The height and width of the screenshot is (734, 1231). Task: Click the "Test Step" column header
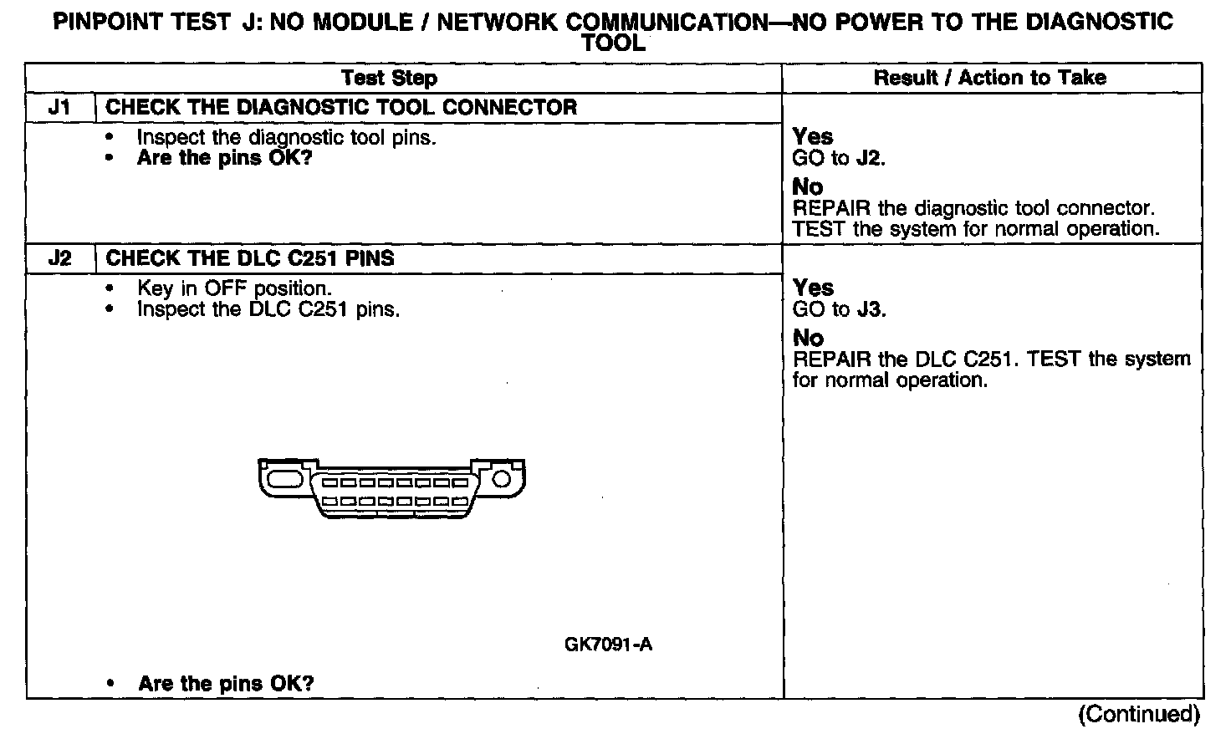(389, 79)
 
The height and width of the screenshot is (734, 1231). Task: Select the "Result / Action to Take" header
(989, 78)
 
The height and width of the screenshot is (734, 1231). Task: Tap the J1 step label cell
(59, 107)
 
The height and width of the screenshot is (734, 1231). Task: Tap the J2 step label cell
(59, 257)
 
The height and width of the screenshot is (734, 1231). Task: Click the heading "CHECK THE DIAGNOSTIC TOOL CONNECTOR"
(341, 107)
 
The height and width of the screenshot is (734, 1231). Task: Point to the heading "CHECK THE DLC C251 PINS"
(250, 257)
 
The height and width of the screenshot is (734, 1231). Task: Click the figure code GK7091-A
(608, 645)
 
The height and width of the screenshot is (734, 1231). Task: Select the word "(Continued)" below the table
(1140, 714)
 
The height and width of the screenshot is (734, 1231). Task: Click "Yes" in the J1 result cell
(812, 136)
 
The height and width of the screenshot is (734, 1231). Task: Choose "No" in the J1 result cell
(807, 186)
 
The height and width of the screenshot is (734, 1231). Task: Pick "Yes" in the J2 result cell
(812, 288)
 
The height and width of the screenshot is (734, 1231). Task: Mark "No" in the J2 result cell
(807, 338)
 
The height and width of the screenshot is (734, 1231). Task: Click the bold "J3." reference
(871, 309)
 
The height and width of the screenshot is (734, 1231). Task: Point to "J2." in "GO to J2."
(871, 158)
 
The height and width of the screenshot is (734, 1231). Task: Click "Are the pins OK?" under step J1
(224, 158)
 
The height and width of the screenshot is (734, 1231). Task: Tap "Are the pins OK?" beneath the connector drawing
(226, 683)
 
